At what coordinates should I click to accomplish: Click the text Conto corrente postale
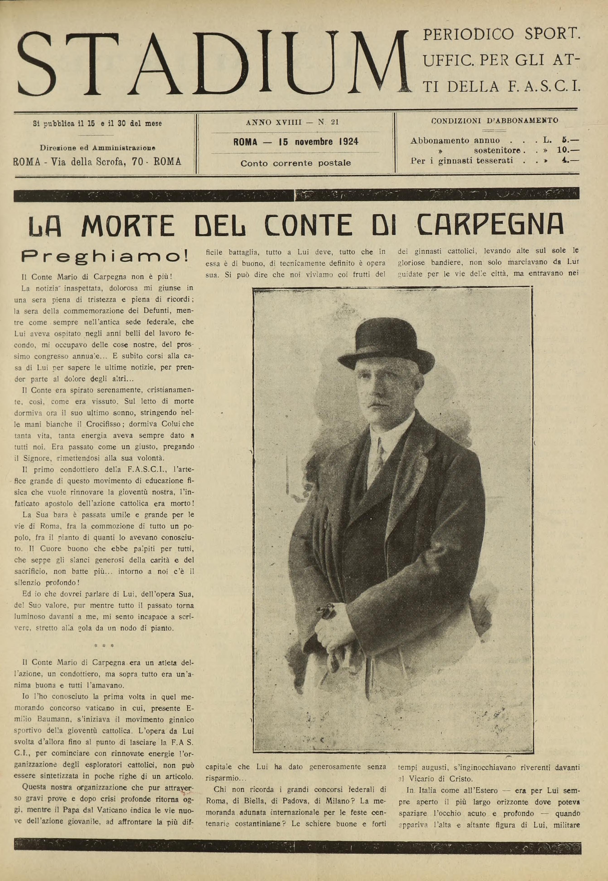(x=296, y=163)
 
